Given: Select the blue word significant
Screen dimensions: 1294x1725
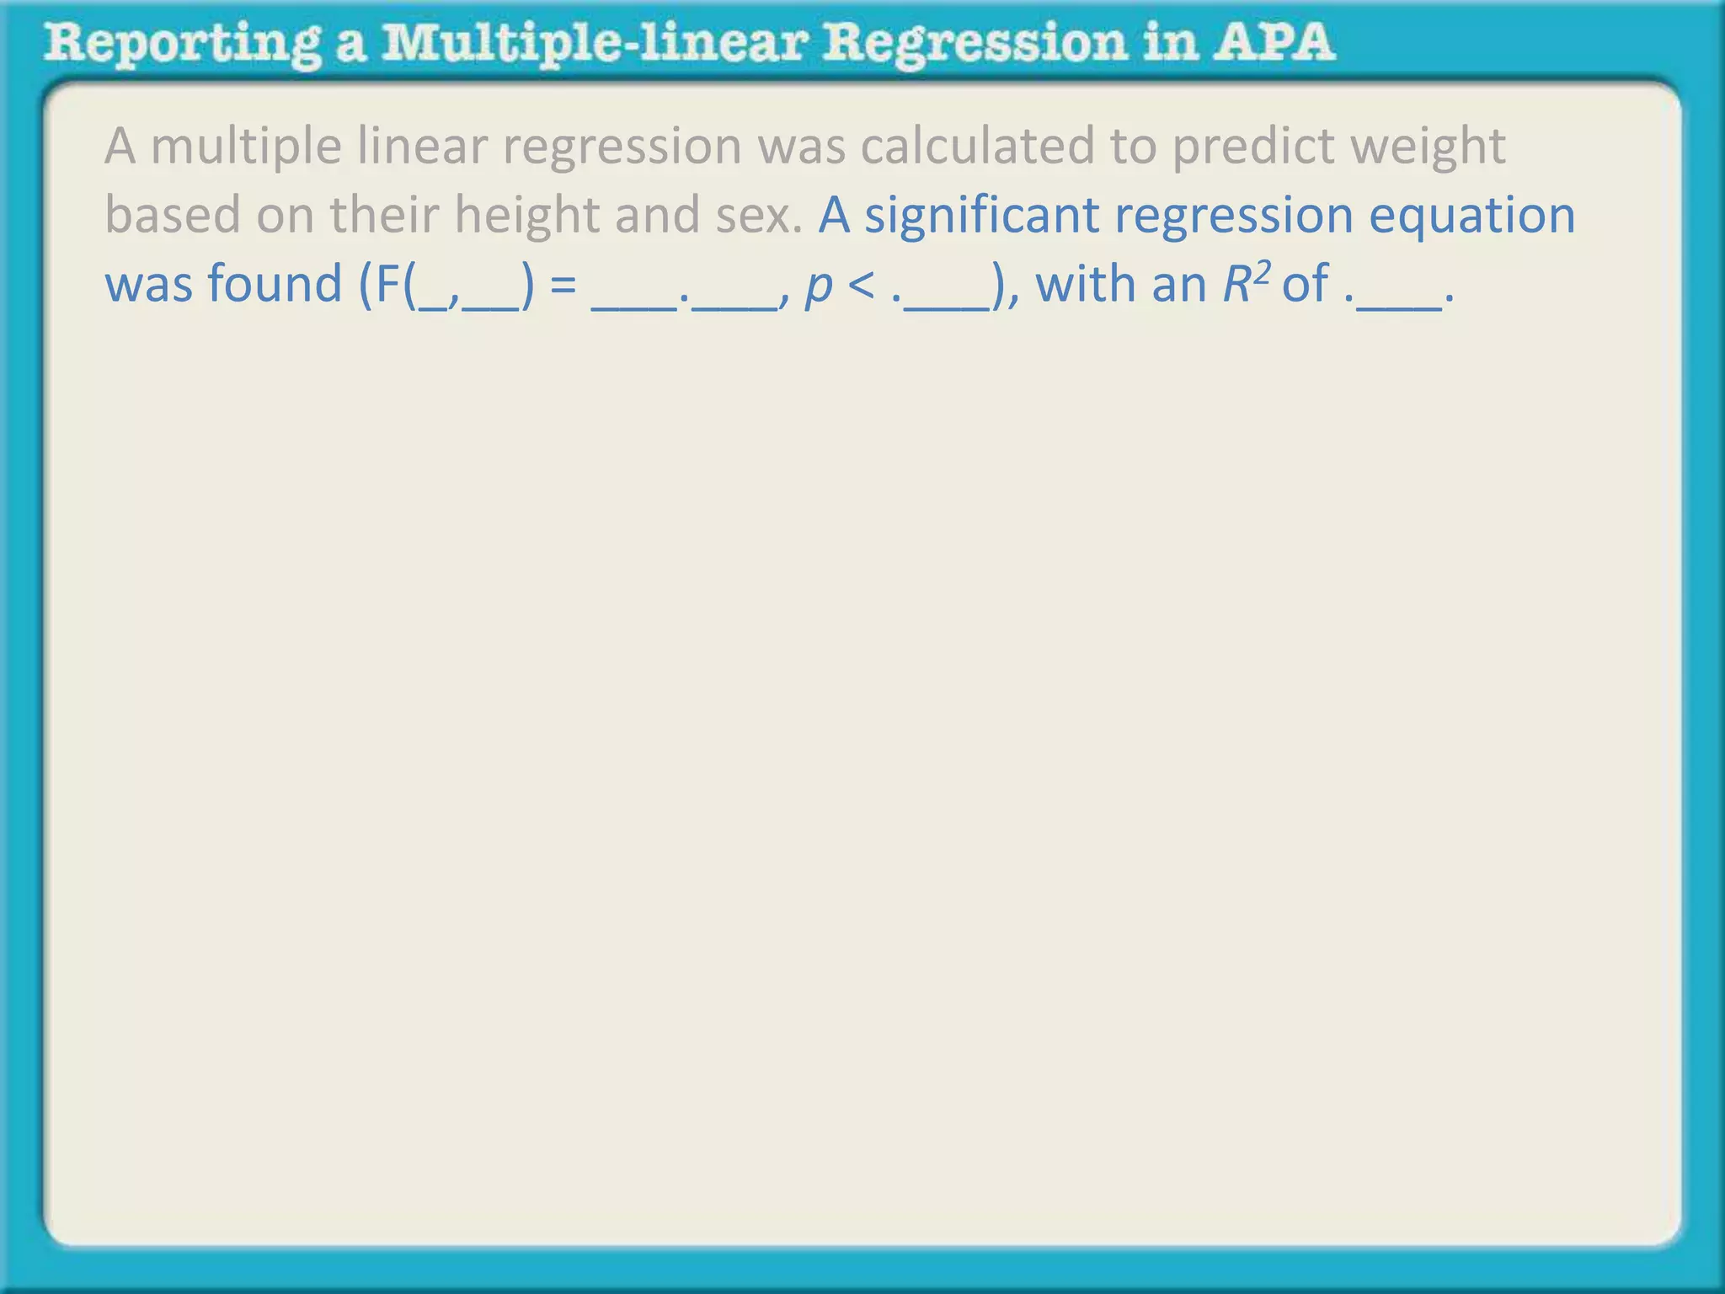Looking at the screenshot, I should click(982, 216).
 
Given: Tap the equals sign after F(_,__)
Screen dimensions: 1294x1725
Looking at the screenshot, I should click(563, 286).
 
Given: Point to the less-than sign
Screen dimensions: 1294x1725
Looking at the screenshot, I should click(862, 286).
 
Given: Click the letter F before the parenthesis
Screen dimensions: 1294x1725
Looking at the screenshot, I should click(388, 284).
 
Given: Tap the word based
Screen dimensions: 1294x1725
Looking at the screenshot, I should click(174, 216).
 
